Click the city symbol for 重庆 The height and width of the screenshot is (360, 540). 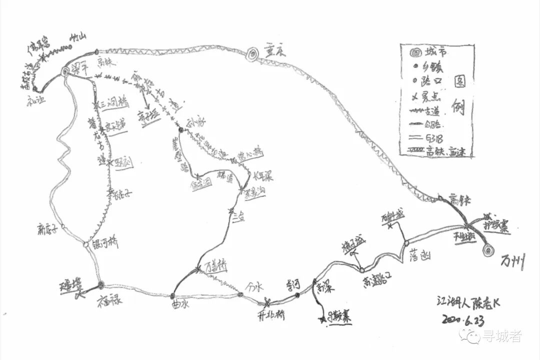(x=253, y=52)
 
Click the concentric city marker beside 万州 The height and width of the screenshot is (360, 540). (x=486, y=250)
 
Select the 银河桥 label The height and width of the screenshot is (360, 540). (x=106, y=244)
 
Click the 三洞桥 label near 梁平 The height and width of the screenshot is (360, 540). (x=114, y=103)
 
